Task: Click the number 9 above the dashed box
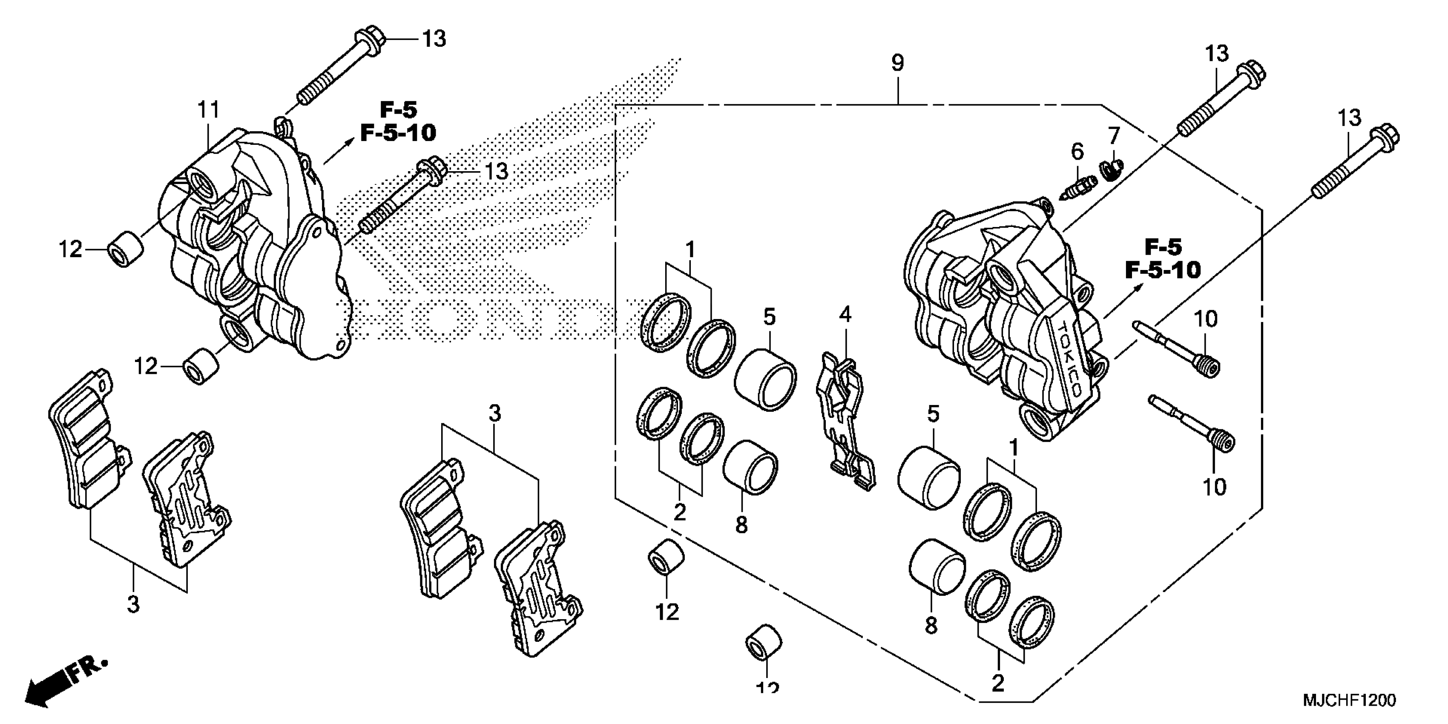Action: [x=897, y=63]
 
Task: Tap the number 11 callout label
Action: [x=207, y=110]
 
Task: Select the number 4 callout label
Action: [x=845, y=315]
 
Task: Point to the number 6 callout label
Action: [x=1077, y=152]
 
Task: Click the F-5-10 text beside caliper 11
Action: [x=398, y=133]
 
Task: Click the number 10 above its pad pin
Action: [x=1204, y=319]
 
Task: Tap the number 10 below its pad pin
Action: [x=1214, y=487]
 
